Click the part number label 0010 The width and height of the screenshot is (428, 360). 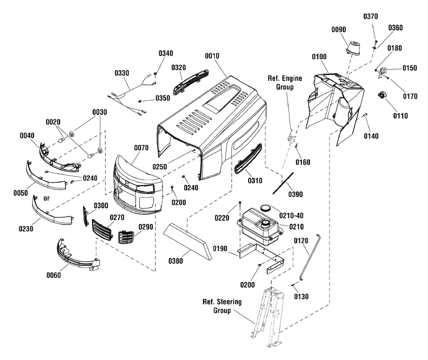(212, 56)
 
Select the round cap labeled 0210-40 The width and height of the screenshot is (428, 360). (265, 208)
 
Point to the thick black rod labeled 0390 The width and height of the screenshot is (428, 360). (283, 183)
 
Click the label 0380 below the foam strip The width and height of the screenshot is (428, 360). (175, 261)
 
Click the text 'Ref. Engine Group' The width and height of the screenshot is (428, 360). (285, 83)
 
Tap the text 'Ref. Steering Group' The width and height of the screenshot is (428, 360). (222, 306)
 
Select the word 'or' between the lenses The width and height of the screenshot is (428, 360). (47, 198)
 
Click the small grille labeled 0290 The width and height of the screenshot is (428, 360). (126, 237)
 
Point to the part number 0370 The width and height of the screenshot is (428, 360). (370, 17)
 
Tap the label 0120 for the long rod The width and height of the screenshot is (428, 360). (301, 241)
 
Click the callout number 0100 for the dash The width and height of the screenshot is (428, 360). (319, 57)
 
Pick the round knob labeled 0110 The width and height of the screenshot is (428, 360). (382, 95)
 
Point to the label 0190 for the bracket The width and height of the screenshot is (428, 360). (220, 249)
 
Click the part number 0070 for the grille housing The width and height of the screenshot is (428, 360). (141, 148)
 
